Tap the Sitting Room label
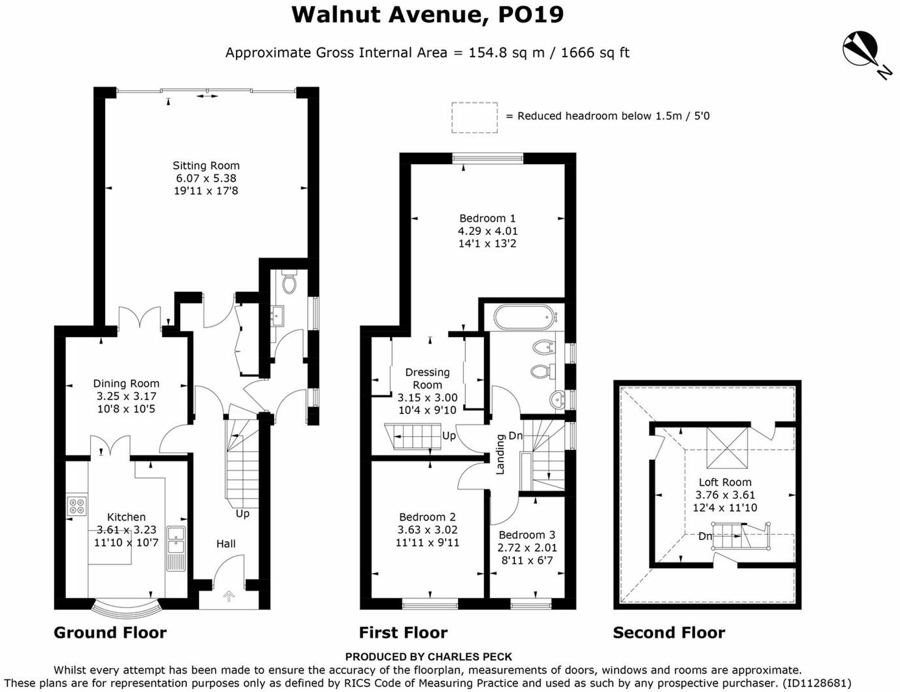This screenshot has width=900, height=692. [206, 165]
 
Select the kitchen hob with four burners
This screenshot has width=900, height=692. [77, 506]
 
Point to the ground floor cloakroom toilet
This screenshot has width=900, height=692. [289, 284]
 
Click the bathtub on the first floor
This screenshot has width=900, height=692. [523, 317]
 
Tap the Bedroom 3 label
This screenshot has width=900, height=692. [527, 535]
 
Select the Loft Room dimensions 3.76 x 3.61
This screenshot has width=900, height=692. [724, 495]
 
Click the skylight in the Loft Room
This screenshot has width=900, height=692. [727, 448]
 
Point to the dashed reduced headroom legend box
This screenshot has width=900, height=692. [474, 117]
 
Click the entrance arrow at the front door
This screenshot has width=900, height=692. [229, 596]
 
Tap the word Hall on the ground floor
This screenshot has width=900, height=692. [226, 543]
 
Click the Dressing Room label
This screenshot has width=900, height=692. [427, 378]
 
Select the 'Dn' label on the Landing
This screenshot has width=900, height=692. [516, 436]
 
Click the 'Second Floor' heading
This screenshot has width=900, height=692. [668, 632]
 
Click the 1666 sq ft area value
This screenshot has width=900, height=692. [595, 52]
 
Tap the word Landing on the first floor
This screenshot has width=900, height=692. [500, 454]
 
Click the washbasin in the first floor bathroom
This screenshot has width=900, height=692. [558, 400]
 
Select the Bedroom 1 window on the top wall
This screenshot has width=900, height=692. [487, 158]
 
